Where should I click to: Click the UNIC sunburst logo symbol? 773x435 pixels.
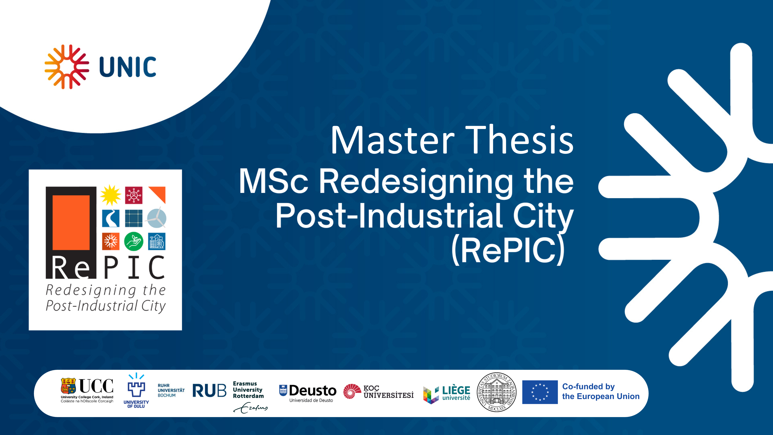pyautogui.click(x=67, y=67)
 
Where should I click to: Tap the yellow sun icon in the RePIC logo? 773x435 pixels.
pyautogui.click(x=111, y=195)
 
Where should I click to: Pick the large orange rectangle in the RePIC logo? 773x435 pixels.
pyautogui.click(x=71, y=223)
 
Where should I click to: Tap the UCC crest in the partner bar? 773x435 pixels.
pyautogui.click(x=68, y=386)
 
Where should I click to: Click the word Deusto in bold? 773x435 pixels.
pyautogui.click(x=313, y=391)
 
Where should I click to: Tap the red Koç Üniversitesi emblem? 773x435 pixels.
pyautogui.click(x=352, y=391)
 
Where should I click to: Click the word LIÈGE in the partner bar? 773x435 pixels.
pyautogui.click(x=456, y=390)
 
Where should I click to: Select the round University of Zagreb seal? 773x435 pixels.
pyautogui.click(x=497, y=392)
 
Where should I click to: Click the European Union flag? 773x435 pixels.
pyautogui.click(x=540, y=392)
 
